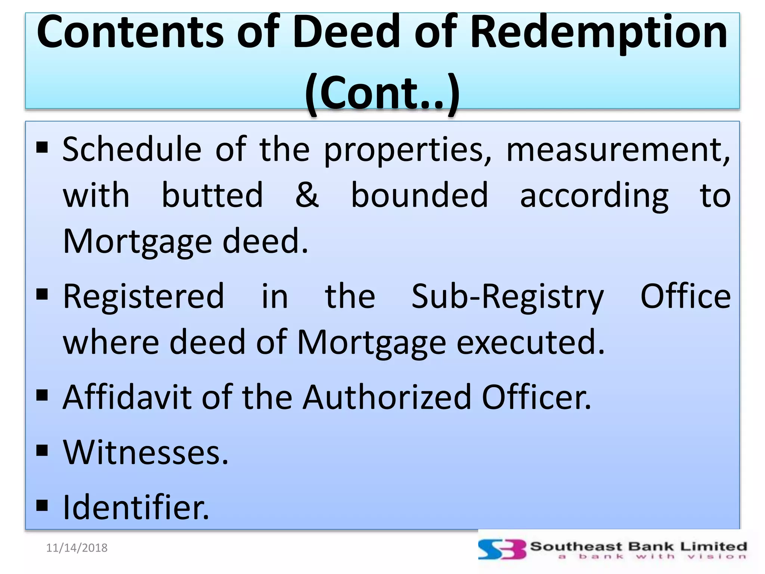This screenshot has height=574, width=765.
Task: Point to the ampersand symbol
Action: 307,195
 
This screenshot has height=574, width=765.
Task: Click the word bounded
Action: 419,195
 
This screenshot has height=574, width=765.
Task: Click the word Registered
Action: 144,296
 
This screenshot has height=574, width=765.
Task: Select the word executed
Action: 530,342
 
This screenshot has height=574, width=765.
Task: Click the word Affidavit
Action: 127,397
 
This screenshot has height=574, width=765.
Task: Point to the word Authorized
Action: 387,397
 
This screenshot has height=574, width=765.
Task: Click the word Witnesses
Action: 145,453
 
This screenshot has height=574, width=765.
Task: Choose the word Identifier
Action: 136,507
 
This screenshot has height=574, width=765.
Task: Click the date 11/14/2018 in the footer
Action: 77,548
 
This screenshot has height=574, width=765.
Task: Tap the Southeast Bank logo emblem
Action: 502,550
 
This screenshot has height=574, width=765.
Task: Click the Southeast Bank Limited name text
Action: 638,546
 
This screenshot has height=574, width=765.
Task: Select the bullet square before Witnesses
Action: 42,450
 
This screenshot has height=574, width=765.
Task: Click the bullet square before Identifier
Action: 42,505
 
